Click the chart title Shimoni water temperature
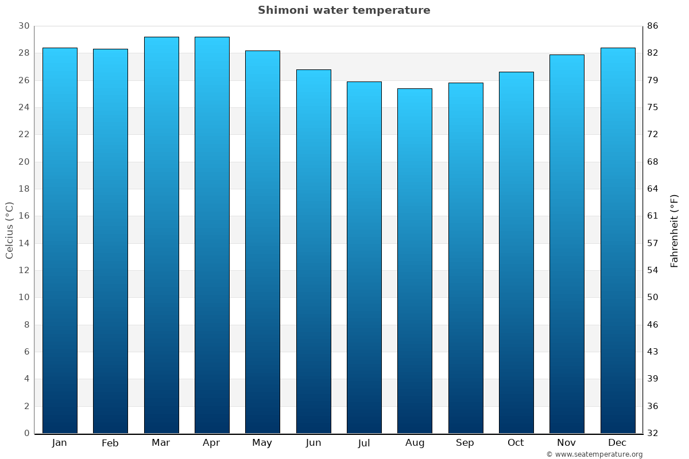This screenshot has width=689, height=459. [x=344, y=10]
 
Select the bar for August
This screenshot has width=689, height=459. [x=415, y=261]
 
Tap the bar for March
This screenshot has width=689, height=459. [x=161, y=235]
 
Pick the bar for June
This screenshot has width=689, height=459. [x=313, y=251]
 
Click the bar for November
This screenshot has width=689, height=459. [x=567, y=244]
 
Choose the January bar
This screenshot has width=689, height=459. [x=60, y=240]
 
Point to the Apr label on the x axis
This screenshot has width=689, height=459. [x=211, y=443]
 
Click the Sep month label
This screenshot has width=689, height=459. [x=465, y=443]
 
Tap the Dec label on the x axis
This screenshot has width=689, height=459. [x=617, y=443]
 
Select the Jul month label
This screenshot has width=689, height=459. [x=363, y=443]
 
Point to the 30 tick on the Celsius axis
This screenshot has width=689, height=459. [x=24, y=26]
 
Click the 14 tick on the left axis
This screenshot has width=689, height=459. [x=24, y=243]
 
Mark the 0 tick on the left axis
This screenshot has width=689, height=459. [x=26, y=433]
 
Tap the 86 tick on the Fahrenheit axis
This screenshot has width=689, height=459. [x=653, y=26]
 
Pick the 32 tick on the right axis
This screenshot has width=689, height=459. [x=653, y=433]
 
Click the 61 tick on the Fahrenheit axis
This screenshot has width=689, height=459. [x=653, y=216]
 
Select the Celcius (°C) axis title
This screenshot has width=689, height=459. [x=10, y=230]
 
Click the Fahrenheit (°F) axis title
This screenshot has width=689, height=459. [x=675, y=230]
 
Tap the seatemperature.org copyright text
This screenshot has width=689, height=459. [x=594, y=454]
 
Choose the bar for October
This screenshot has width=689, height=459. [x=516, y=252]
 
